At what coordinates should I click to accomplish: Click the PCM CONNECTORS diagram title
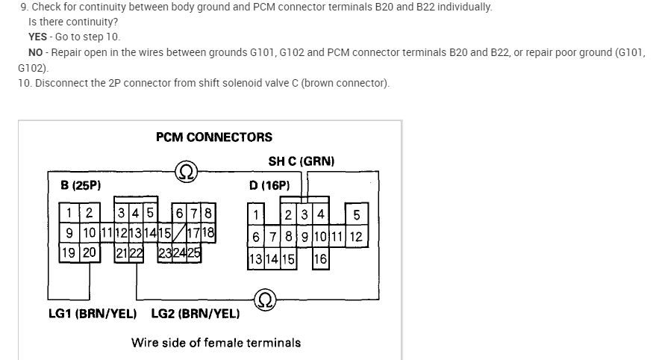pos(214,137)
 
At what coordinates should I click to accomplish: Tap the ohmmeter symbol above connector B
pos(186,171)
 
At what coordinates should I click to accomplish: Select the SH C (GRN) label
pos(302,161)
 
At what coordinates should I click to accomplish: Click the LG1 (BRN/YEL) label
pos(93,314)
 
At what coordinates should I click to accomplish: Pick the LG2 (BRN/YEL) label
pos(196,314)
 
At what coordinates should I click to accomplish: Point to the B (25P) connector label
pos(81,184)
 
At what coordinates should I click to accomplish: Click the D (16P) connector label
pos(269,184)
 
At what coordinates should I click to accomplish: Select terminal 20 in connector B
pos(90,252)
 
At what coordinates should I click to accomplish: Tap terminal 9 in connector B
pos(69,232)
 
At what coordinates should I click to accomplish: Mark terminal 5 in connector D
pos(356,216)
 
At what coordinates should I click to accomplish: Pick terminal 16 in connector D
pos(320,259)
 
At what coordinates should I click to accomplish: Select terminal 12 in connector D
pos(356,238)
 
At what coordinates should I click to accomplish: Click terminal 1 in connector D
pos(255,216)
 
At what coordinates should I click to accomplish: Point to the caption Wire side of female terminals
pos(216,343)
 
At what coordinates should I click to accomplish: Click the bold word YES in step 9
pos(37,37)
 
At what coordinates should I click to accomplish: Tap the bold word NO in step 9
pos(35,52)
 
